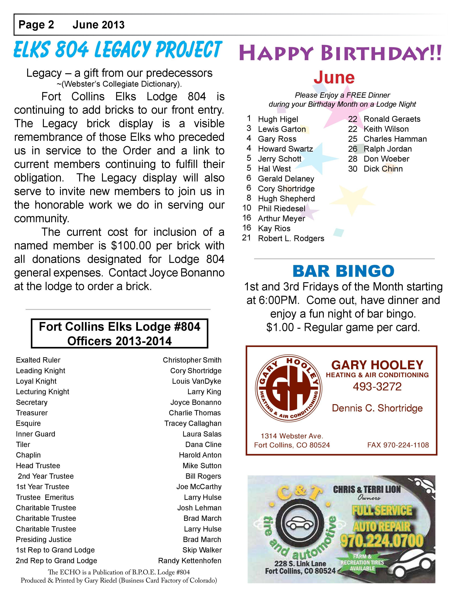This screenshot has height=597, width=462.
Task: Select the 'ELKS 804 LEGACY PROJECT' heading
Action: pyautogui.click(x=118, y=50)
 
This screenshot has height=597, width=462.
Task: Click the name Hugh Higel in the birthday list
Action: pyautogui.click(x=278, y=119)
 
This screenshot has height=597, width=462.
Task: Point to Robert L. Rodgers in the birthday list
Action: pyautogui.click(x=291, y=238)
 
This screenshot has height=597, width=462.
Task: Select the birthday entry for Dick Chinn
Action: pyautogui.click(x=383, y=169)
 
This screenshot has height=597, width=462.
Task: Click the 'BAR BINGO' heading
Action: pyautogui.click(x=343, y=271)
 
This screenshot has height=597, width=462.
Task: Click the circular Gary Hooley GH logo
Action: pyautogui.click(x=288, y=388)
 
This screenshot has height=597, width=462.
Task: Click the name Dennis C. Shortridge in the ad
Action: pyautogui.click(x=377, y=408)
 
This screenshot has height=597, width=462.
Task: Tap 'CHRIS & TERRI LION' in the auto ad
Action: pyautogui.click(x=367, y=489)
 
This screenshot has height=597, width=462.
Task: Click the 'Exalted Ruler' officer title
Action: pyautogui.click(x=38, y=360)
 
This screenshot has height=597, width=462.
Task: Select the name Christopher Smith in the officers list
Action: pyautogui.click(x=192, y=360)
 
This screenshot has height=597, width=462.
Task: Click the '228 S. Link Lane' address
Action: pyautogui.click(x=300, y=563)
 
